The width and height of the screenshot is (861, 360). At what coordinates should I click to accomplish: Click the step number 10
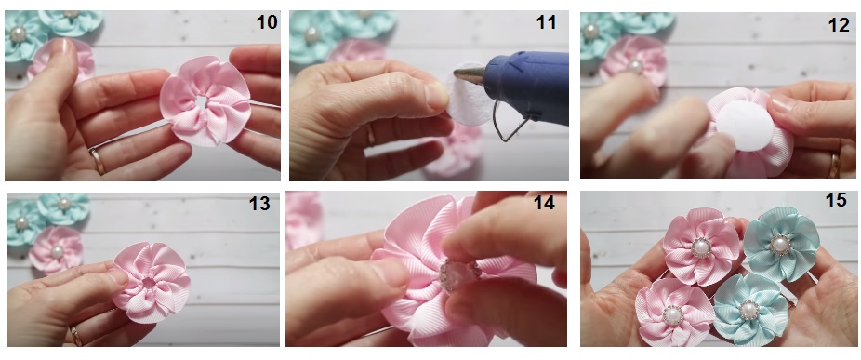click(x=266, y=22)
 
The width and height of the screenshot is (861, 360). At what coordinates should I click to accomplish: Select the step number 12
click(x=838, y=25)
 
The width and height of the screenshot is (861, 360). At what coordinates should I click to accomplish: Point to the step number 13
click(x=259, y=204)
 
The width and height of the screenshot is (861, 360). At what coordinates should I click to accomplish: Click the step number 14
click(x=544, y=203)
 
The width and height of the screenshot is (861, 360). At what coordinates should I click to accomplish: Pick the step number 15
click(x=836, y=200)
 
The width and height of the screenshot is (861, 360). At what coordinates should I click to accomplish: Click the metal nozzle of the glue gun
click(x=469, y=75)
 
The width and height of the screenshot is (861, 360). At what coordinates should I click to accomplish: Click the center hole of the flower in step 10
click(x=202, y=102)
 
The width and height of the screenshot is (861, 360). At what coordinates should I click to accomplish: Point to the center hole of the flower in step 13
click(x=149, y=283)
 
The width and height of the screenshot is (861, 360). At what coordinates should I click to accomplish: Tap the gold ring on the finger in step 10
click(x=98, y=161)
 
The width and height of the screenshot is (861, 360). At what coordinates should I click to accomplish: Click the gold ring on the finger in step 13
click(x=75, y=335)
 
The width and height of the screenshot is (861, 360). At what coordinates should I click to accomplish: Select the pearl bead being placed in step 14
click(x=458, y=273)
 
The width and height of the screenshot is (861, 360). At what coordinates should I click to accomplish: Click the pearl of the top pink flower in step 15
click(x=701, y=247)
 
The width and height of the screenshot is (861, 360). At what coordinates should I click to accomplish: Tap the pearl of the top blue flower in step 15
click(x=780, y=244)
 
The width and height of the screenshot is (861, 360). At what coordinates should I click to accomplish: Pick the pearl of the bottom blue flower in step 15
click(x=749, y=310)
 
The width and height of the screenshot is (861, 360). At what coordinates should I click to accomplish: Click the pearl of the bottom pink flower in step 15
click(x=672, y=315)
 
